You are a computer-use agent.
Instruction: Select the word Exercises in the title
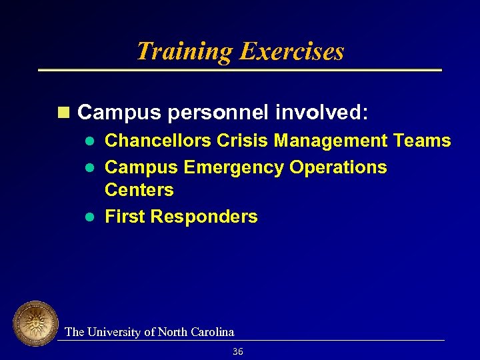coord(292,51)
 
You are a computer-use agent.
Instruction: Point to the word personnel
coord(217,113)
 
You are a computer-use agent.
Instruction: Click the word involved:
coord(321,113)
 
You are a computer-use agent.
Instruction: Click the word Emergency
coord(233,167)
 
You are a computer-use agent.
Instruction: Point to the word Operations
coord(338,167)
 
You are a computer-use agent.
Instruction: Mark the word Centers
coord(139,190)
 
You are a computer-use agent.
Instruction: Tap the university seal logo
coord(36,324)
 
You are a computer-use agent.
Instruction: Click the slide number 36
coord(238,351)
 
